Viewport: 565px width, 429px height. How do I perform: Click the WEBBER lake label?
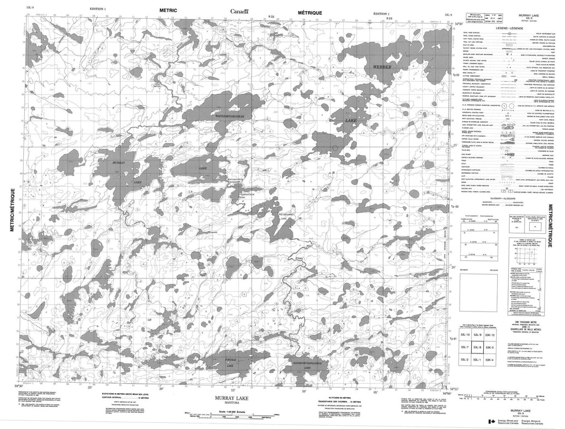(x=381, y=67)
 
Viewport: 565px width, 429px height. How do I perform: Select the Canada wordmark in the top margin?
(x=239, y=12)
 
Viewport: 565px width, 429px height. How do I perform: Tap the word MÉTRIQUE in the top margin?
(x=309, y=10)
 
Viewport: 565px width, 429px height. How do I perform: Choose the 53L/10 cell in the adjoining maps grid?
(x=466, y=335)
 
